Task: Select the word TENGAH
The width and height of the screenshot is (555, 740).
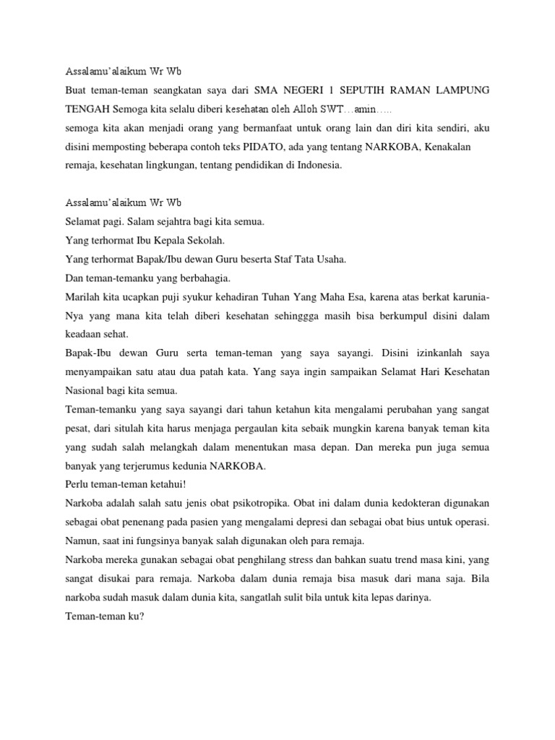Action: (x=87, y=109)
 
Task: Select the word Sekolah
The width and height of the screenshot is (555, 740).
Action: (x=210, y=241)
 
